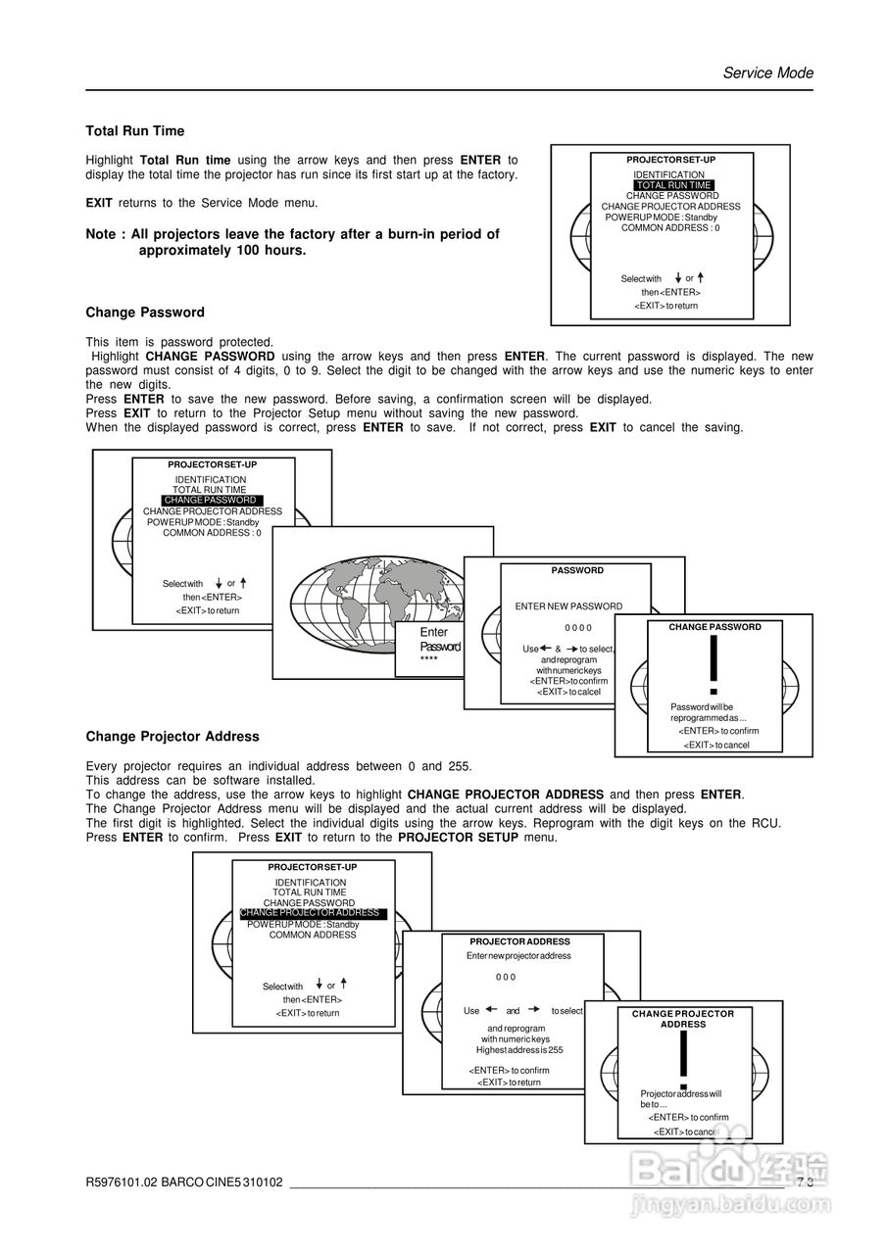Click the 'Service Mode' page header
pyautogui.click(x=767, y=72)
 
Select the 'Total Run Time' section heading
pyautogui.click(x=134, y=131)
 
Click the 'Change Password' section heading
pyautogui.click(x=145, y=313)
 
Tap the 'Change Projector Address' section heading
pyautogui.click(x=172, y=737)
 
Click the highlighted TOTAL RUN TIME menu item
pyautogui.click(x=672, y=185)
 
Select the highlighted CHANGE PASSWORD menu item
pyautogui.click(x=210, y=501)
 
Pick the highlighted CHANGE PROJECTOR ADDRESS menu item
pyautogui.click(x=312, y=913)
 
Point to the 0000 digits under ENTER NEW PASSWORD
pyautogui.click(x=578, y=627)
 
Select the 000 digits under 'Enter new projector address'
pyautogui.click(x=505, y=977)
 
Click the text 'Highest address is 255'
pyautogui.click(x=519, y=1049)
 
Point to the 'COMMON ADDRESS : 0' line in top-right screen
pyautogui.click(x=670, y=228)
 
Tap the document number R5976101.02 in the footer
pyautogui.click(x=122, y=1182)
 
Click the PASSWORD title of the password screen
pyautogui.click(x=577, y=570)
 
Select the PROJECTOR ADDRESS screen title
pyautogui.click(x=519, y=941)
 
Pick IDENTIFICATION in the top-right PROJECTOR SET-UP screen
pyautogui.click(x=668, y=174)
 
